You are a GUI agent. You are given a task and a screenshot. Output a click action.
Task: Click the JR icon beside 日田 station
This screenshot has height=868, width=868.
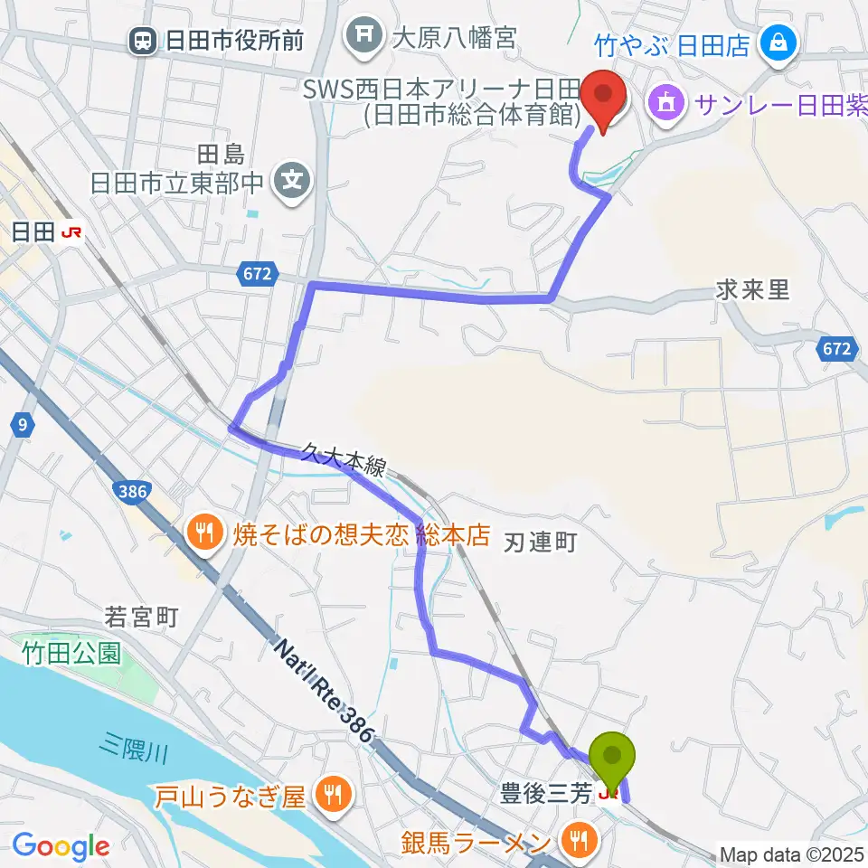(71, 232)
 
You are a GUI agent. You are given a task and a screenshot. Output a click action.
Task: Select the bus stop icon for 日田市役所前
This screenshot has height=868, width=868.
(142, 40)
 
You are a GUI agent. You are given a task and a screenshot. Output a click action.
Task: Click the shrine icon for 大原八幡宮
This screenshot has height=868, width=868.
(363, 37)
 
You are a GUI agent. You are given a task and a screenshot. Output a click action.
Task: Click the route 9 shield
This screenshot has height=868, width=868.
(19, 422)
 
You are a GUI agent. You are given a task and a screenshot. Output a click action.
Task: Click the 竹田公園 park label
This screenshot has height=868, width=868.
(72, 653)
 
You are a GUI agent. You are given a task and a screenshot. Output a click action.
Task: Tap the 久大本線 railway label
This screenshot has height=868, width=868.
(344, 457)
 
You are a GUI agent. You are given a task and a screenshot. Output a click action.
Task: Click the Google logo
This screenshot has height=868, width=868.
(61, 846)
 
